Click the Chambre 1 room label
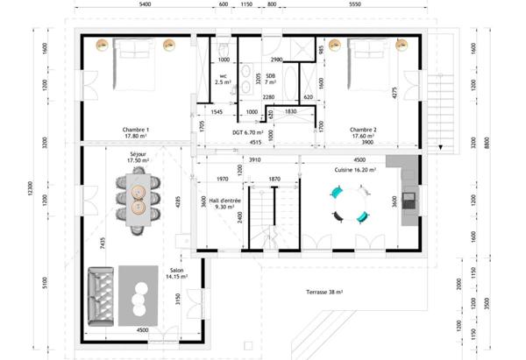coord(136,132)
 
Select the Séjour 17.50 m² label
coord(137,157)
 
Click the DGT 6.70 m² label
coord(248,133)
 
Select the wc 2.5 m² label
coord(223,80)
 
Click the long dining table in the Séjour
coord(138,201)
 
